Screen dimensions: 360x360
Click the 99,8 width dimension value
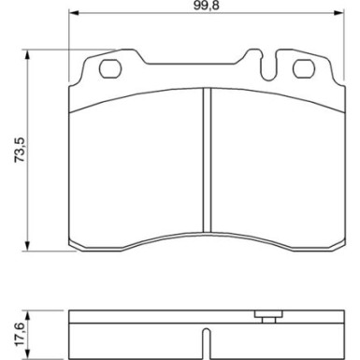207,7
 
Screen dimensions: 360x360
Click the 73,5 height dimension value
20,150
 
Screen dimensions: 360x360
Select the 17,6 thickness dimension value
20,335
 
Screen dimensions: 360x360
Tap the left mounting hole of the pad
110,68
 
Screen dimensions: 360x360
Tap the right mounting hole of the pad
303,68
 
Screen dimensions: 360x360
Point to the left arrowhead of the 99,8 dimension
73,13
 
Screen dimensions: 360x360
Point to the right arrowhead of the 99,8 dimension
338,13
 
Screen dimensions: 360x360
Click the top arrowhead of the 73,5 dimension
28,55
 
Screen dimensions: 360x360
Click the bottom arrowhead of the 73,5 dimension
28,246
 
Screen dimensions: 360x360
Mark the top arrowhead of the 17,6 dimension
28,315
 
